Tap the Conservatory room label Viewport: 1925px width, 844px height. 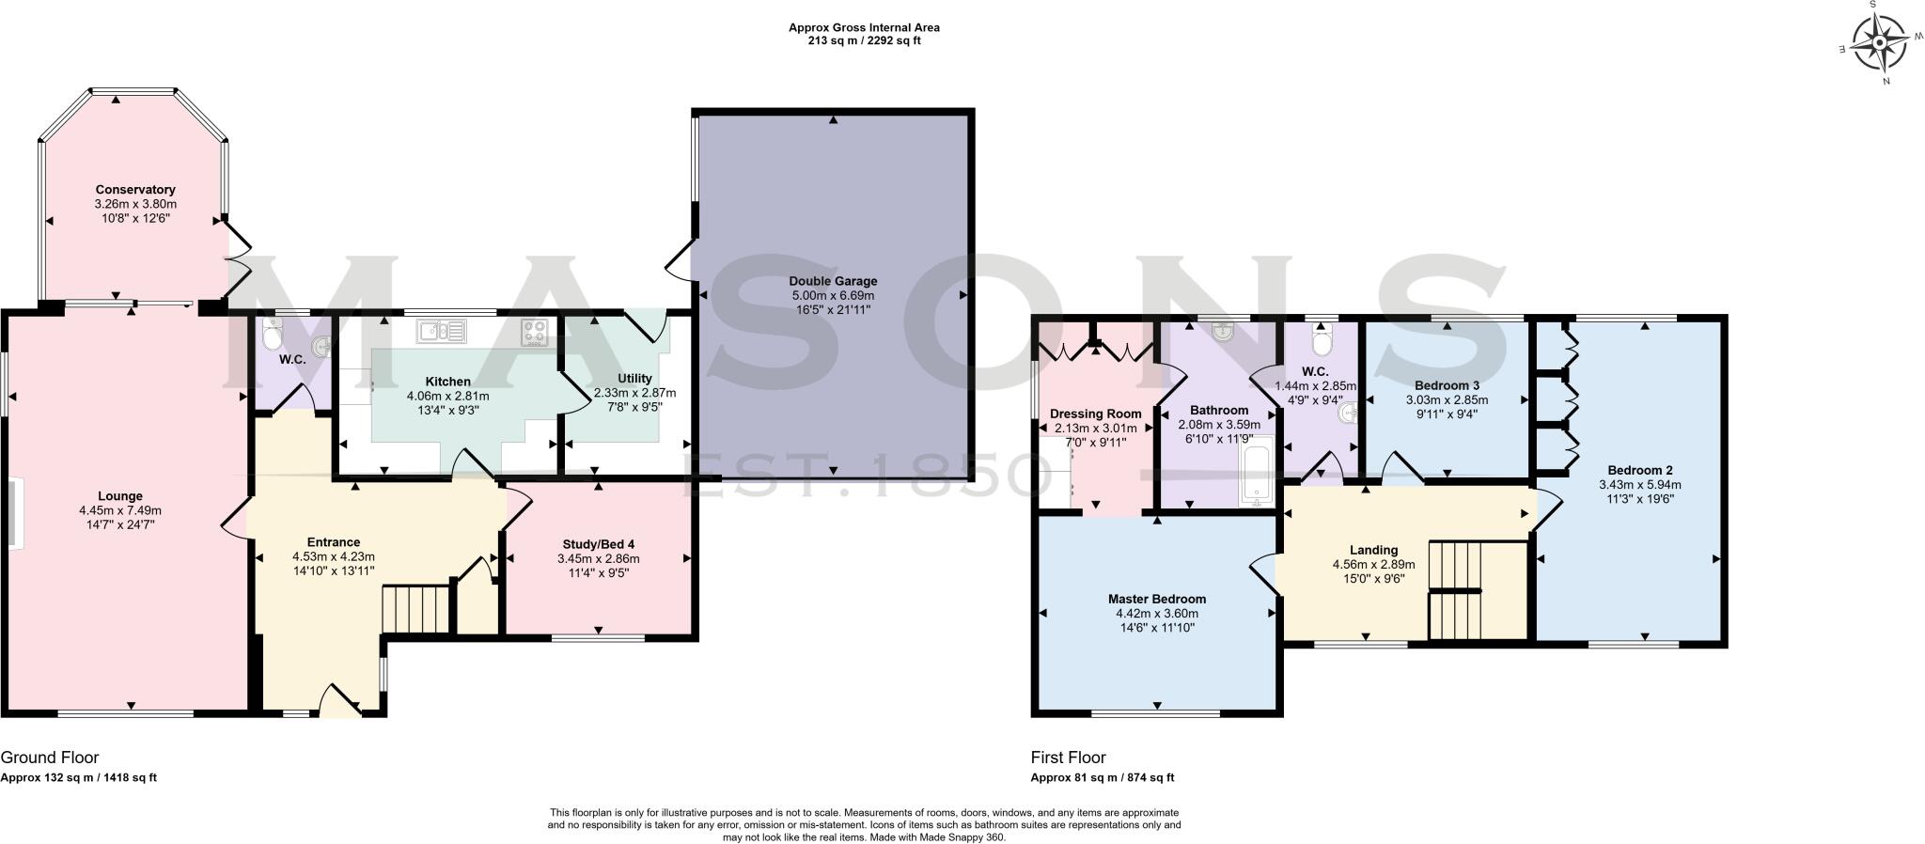point(135,190)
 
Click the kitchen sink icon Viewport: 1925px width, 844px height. point(442,330)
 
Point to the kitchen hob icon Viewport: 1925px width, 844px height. point(536,332)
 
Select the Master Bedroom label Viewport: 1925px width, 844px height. point(1156,599)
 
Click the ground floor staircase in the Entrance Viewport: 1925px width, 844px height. point(416,609)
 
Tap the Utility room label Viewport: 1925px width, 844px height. point(634,379)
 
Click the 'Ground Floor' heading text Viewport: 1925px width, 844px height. point(50,758)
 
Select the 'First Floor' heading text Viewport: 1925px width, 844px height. point(1069,758)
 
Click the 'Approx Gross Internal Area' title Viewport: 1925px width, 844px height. point(864,28)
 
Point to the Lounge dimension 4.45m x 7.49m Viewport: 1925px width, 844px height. point(120,510)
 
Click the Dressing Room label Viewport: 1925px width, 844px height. point(1096,414)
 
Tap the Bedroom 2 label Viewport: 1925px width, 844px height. point(1640,471)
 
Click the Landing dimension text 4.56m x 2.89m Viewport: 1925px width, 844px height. point(1373,565)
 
